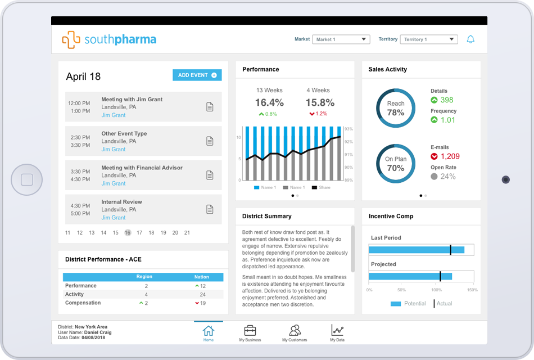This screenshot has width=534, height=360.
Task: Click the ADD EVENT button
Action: click(x=197, y=75)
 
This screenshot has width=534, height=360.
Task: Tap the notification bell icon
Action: click(x=471, y=39)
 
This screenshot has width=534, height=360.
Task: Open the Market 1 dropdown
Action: click(x=341, y=39)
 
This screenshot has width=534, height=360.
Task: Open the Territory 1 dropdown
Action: click(x=429, y=39)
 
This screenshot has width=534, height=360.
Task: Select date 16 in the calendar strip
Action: click(x=128, y=232)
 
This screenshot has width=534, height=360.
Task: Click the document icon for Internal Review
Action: click(x=210, y=209)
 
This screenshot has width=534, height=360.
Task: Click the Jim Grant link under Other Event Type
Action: click(x=114, y=150)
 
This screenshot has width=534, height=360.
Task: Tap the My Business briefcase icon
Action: click(x=250, y=331)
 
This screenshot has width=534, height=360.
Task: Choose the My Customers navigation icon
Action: click(x=295, y=331)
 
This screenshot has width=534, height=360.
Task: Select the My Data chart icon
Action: click(x=337, y=331)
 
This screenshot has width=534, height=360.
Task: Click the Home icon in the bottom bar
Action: click(x=209, y=331)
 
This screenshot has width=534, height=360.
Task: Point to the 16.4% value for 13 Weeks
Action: click(x=269, y=103)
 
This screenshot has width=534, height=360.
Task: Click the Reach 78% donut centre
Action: click(x=395, y=108)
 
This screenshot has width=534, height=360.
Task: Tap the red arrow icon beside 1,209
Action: click(x=434, y=156)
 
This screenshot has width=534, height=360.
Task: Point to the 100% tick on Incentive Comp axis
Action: click(x=436, y=290)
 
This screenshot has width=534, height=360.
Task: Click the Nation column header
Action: click(x=202, y=277)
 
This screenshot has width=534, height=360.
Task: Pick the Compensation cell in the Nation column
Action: click(x=201, y=303)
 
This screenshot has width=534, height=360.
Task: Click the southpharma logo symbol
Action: click(x=71, y=40)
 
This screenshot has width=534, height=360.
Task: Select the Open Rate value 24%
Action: click(x=448, y=176)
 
